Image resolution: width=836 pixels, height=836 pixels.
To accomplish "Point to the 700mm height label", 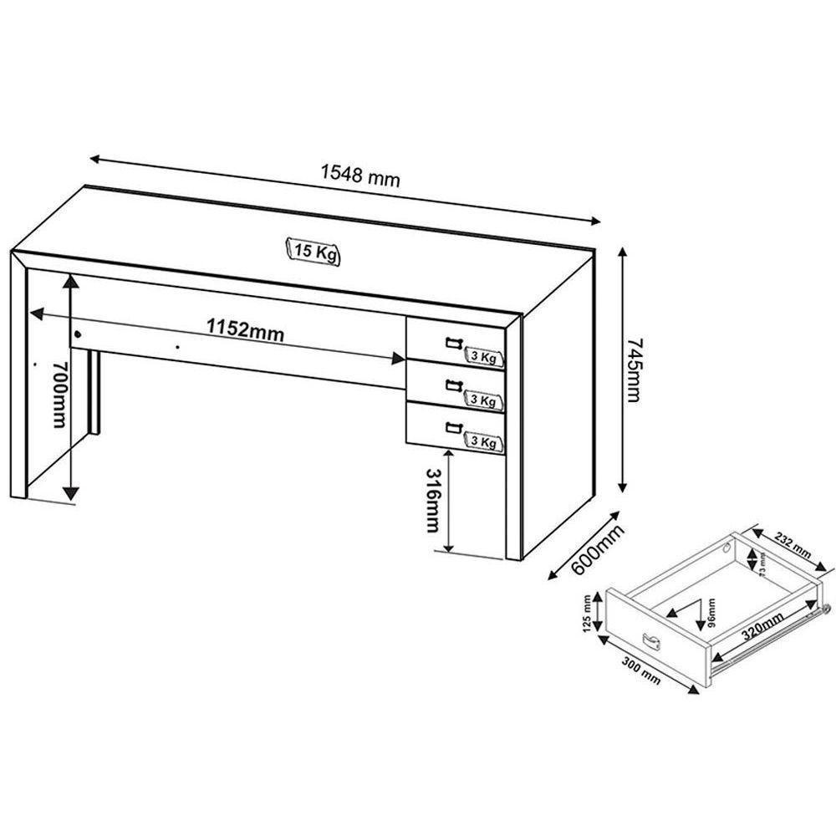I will (x=58, y=393).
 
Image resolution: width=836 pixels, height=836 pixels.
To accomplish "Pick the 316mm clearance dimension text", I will (x=431, y=499).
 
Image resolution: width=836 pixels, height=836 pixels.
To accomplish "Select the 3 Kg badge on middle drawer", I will (x=484, y=400).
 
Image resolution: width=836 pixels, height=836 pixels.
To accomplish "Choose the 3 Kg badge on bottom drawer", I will (x=484, y=441).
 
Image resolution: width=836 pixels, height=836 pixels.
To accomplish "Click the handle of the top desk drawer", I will (x=454, y=341).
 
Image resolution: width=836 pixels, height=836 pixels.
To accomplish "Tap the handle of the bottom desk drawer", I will (x=454, y=428).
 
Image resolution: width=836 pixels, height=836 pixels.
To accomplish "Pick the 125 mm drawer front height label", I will (x=589, y=613).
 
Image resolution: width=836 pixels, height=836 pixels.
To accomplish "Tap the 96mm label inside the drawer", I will (x=711, y=613).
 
